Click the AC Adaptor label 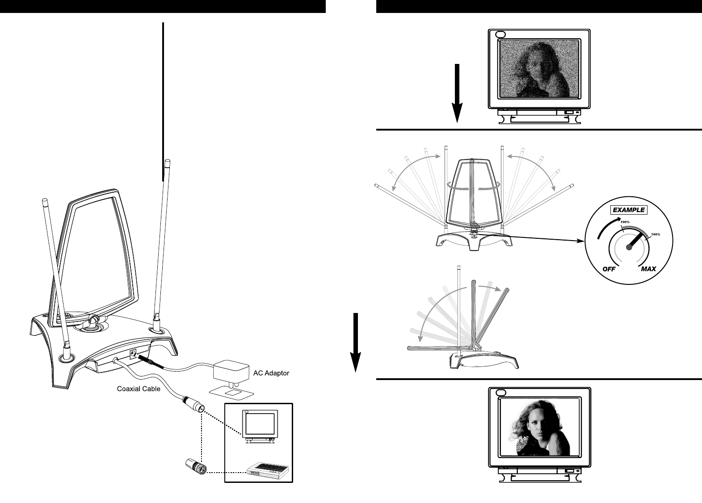pos(271,373)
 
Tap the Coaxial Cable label pos(135,389)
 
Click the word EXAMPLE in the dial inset pos(629,210)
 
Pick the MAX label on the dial pos(648,269)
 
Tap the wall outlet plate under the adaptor pos(232,392)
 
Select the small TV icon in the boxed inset pos(259,425)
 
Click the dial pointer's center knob pos(629,250)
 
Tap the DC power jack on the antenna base pos(133,354)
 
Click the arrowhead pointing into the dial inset pos(582,241)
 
